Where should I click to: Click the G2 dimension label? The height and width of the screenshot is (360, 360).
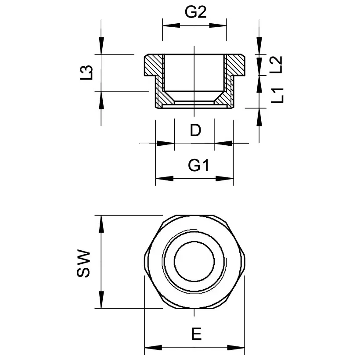[x=195, y=13]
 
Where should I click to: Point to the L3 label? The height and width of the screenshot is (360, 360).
[x=87, y=72]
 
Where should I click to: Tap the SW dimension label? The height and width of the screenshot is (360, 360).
[x=83, y=263]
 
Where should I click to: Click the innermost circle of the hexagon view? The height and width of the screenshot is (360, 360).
[x=194, y=262]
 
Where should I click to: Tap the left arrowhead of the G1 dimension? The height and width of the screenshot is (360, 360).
[x=164, y=179]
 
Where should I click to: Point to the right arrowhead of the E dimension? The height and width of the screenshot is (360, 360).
[x=237, y=348]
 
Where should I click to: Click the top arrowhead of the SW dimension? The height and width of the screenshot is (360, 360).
[x=101, y=224]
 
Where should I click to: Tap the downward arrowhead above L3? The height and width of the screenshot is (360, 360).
[x=101, y=46]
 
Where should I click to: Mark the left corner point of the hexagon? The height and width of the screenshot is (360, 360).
[x=145, y=262]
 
